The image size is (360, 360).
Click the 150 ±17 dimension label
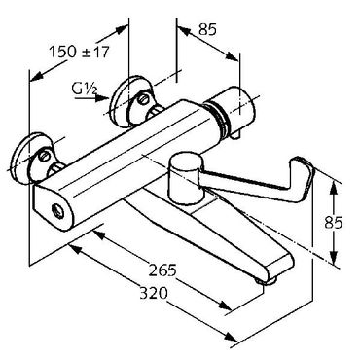(x=79, y=52)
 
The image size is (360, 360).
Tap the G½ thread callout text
(x=85, y=89)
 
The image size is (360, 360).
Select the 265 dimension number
(x=162, y=270)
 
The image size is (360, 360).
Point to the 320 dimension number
(x=154, y=293)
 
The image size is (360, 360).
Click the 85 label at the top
(x=207, y=30)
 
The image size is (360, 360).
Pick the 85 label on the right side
(x=334, y=223)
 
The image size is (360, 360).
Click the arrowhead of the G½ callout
(x=103, y=98)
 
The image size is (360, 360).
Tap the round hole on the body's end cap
(x=58, y=209)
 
